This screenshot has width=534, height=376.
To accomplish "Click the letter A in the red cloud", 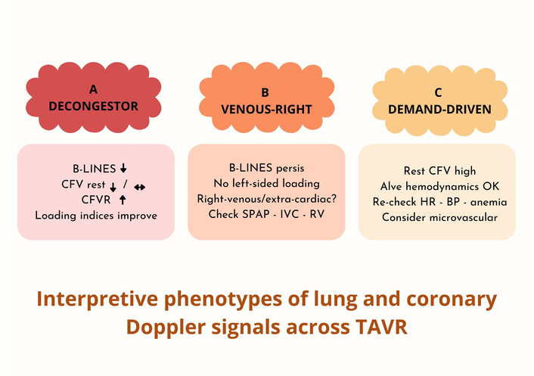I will point(93,89).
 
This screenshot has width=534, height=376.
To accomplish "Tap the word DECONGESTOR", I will point(93,107).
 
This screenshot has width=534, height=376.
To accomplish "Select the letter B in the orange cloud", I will point(265,92).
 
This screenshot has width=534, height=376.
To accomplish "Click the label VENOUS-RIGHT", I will point(265,110).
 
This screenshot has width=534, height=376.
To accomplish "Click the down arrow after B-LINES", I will point(123,168).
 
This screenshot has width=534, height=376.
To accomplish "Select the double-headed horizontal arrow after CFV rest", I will point(139,185).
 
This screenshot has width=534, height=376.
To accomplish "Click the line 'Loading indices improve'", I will point(95,216).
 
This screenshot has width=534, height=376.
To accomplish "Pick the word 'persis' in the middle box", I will point(289,166).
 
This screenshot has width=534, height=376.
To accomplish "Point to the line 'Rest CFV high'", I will point(437,171).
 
